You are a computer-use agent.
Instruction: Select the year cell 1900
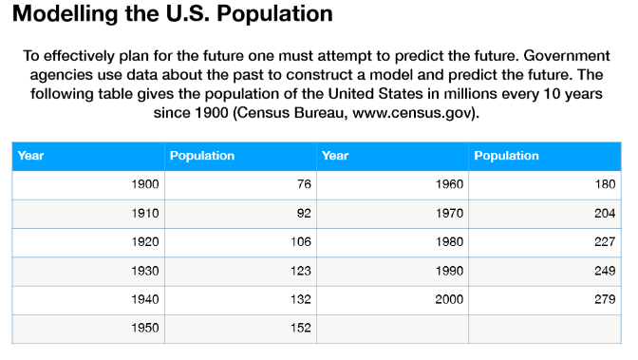(x=144, y=184)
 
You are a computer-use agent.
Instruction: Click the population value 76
(x=304, y=184)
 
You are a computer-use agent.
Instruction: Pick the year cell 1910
(x=144, y=214)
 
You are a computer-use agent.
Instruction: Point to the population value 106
(x=301, y=242)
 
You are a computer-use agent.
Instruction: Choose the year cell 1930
(x=144, y=272)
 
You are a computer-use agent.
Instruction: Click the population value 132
(x=301, y=300)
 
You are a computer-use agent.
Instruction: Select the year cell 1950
(x=144, y=329)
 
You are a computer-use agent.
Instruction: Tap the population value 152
(x=301, y=329)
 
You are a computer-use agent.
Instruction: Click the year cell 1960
(x=449, y=184)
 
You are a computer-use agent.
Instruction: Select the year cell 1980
(x=449, y=242)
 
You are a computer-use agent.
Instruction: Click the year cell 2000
(x=449, y=300)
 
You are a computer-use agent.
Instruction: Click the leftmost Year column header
(x=31, y=156)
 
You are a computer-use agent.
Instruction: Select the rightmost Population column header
(x=506, y=156)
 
